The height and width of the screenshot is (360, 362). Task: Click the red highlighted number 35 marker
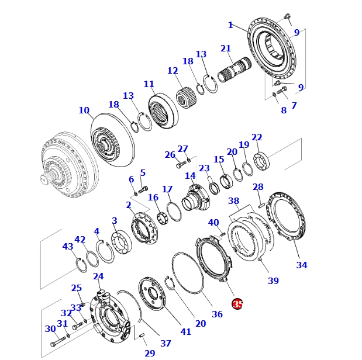coord(237,304)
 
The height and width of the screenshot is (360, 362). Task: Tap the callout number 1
coord(230,25)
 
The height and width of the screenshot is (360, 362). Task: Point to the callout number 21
coord(226,49)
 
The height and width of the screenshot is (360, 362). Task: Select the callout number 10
coord(84,110)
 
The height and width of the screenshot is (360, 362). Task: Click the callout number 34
coord(301,265)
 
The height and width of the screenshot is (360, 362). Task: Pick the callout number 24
coord(98,276)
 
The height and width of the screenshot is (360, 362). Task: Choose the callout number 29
coord(150,353)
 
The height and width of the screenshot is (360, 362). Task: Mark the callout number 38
coord(234,201)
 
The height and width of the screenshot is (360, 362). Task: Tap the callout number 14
coord(190,176)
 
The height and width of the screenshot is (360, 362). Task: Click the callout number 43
coord(68,247)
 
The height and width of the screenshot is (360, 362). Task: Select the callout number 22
coord(257,137)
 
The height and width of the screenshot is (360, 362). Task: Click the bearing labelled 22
coord(260,159)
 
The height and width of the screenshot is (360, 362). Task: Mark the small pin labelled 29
coord(142,335)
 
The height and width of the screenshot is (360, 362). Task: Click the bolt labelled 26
coord(180,165)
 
